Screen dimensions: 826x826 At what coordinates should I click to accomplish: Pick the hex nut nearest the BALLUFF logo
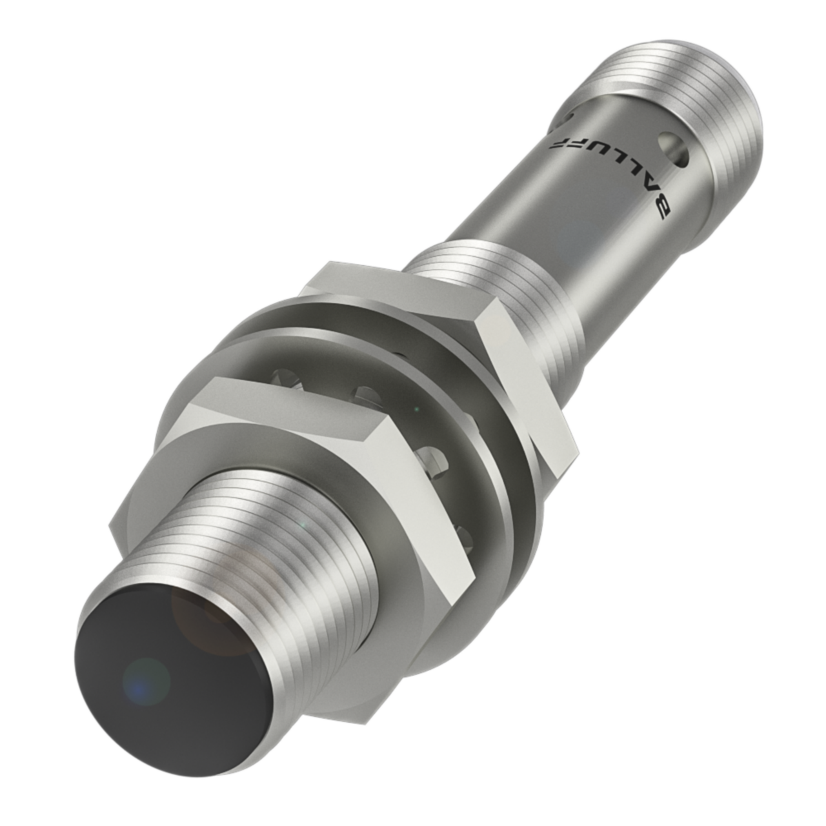(x=445, y=342)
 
